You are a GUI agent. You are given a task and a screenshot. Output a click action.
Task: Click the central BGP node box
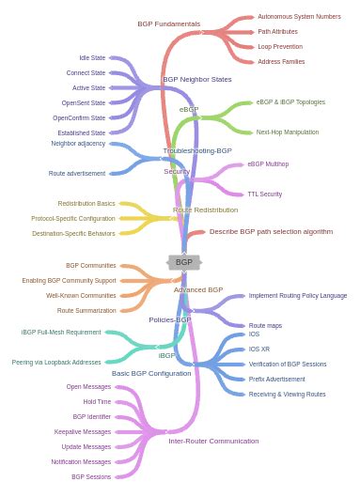coord(184,262)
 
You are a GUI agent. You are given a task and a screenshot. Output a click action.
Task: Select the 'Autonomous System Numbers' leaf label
coord(299,16)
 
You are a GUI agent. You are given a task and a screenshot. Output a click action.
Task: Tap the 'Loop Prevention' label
coord(280,46)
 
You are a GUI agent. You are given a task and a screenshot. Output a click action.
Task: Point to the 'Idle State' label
coord(92,57)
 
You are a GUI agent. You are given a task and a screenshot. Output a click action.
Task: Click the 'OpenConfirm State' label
coord(79,117)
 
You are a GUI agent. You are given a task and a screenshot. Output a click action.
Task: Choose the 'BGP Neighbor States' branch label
coord(196,79)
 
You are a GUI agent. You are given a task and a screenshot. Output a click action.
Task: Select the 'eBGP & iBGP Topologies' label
coord(290,101)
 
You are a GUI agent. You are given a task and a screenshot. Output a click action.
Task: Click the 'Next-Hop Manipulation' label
coord(288,132)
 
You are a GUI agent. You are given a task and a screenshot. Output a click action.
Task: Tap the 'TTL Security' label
coord(264,194)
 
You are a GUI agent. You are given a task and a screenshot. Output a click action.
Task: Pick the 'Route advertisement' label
coord(77,173)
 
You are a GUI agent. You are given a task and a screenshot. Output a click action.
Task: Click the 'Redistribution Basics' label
coord(86,203)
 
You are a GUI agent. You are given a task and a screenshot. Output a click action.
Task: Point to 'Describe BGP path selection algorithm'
coord(271,231)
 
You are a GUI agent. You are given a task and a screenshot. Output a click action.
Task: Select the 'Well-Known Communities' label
coord(81,295)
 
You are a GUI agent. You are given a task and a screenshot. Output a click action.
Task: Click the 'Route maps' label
coord(265,325)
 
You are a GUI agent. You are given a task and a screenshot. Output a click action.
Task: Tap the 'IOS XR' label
coord(259,349)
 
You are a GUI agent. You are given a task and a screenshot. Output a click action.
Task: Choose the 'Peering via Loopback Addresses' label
coord(56,362)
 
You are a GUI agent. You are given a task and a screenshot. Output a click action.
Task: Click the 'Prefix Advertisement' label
coord(276,379)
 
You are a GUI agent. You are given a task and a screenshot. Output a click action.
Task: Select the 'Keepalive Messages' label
coord(83,431)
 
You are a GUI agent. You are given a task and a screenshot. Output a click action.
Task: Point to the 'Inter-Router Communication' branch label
coord(213,441)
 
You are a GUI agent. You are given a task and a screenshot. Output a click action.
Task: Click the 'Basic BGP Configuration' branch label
coord(151,373)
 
